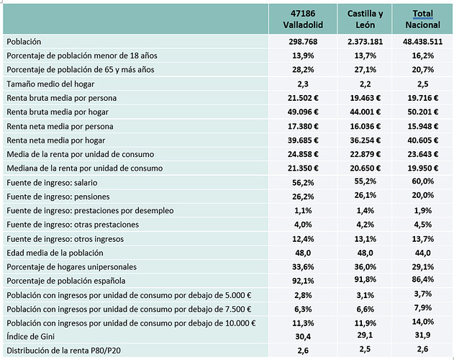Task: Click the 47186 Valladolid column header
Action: click(x=303, y=19)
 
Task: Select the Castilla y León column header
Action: click(x=365, y=19)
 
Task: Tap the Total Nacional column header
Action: click(x=423, y=19)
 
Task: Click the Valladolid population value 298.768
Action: click(x=303, y=42)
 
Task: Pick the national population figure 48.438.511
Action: click(x=423, y=42)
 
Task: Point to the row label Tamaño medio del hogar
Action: click(x=50, y=84)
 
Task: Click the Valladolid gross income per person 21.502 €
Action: click(x=303, y=98)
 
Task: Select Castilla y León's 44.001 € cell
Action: click(x=365, y=112)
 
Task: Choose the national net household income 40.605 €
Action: click(x=423, y=140)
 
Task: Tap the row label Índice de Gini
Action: click(x=30, y=336)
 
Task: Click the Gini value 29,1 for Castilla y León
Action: click(x=365, y=335)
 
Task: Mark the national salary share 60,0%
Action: click(x=423, y=181)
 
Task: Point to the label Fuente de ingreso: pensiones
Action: click(x=58, y=197)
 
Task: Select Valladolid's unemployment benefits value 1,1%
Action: click(x=303, y=210)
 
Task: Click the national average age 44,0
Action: click(x=423, y=253)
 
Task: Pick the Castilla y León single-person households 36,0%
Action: click(x=365, y=266)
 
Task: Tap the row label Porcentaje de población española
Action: click(x=66, y=281)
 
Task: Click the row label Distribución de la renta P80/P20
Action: click(x=63, y=351)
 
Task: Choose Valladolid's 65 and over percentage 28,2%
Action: click(x=303, y=70)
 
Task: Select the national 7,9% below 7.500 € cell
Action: click(x=423, y=307)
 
